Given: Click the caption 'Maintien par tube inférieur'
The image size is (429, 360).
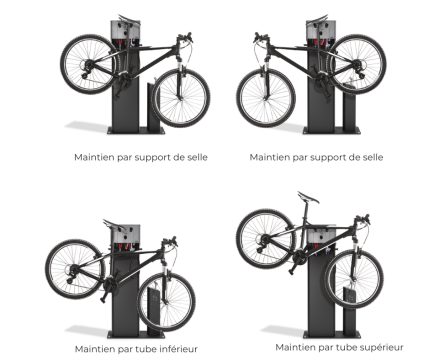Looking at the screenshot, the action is click(x=136, y=349).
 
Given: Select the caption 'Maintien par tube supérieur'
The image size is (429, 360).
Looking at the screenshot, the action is click(x=339, y=347).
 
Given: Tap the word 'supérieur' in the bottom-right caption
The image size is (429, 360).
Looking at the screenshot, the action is click(x=382, y=348).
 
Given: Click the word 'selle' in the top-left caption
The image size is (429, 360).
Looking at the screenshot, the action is click(x=197, y=157).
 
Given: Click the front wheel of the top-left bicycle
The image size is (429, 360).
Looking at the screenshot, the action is click(x=181, y=98).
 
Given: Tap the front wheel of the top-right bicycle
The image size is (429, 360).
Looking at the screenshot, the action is click(x=266, y=98).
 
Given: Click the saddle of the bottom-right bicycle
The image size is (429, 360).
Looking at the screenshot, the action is click(x=309, y=197).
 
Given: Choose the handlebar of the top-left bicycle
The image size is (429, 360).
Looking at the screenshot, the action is click(x=185, y=37).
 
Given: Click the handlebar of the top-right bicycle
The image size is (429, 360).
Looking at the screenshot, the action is click(x=261, y=37).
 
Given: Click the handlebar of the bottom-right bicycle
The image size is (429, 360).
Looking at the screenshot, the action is click(x=362, y=219).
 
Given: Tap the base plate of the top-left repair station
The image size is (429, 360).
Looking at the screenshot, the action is click(x=136, y=131).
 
